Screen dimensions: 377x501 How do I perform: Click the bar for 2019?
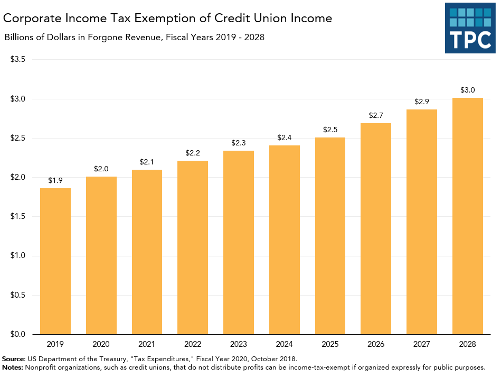(55, 261)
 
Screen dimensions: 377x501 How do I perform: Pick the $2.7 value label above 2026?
(376, 115)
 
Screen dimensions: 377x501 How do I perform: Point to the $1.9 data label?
(55, 180)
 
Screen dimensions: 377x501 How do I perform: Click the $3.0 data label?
(467, 89)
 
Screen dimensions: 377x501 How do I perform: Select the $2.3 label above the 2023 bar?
(239, 142)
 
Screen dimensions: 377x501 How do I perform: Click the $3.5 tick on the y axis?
(18, 59)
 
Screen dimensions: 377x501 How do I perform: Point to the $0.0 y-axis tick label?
(18, 334)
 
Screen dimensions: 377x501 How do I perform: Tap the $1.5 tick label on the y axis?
(18, 216)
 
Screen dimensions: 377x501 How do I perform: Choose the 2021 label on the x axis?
(147, 344)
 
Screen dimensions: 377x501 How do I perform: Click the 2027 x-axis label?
(422, 344)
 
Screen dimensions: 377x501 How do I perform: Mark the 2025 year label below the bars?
(330, 344)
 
